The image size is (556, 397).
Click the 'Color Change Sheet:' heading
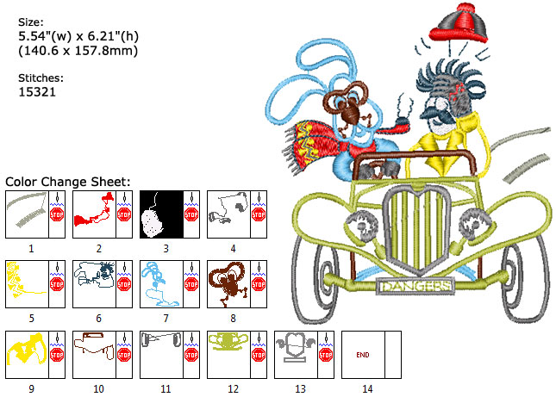tap(68, 182)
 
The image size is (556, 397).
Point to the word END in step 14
tap(363, 354)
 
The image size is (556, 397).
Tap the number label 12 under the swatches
tap(233, 389)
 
